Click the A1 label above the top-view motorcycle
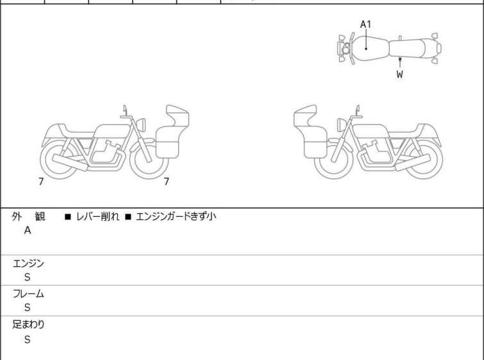pyautogui.click(x=365, y=24)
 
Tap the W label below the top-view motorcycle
pyautogui.click(x=400, y=74)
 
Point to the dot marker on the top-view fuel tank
pyautogui.click(x=366, y=49)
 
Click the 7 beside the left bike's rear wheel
pyautogui.click(x=41, y=182)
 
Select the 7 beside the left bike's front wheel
pyautogui.click(x=167, y=182)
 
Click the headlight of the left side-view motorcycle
pyautogui.click(x=141, y=124)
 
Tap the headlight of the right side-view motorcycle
pyautogui.click(x=342, y=124)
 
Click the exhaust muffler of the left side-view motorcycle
pyautogui.click(x=70, y=162)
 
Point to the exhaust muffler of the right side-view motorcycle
pyautogui.click(x=412, y=162)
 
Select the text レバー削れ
pyautogui.click(x=97, y=217)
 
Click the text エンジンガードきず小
pyautogui.click(x=176, y=217)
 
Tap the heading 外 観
pyautogui.click(x=28, y=217)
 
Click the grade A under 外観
pyautogui.click(x=28, y=230)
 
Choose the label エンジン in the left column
pyautogui.click(x=28, y=264)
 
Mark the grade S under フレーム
pyautogui.click(x=28, y=307)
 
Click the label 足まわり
pyautogui.click(x=28, y=325)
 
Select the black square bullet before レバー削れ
pyautogui.click(x=67, y=217)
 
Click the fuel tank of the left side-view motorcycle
pyautogui.click(x=112, y=132)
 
